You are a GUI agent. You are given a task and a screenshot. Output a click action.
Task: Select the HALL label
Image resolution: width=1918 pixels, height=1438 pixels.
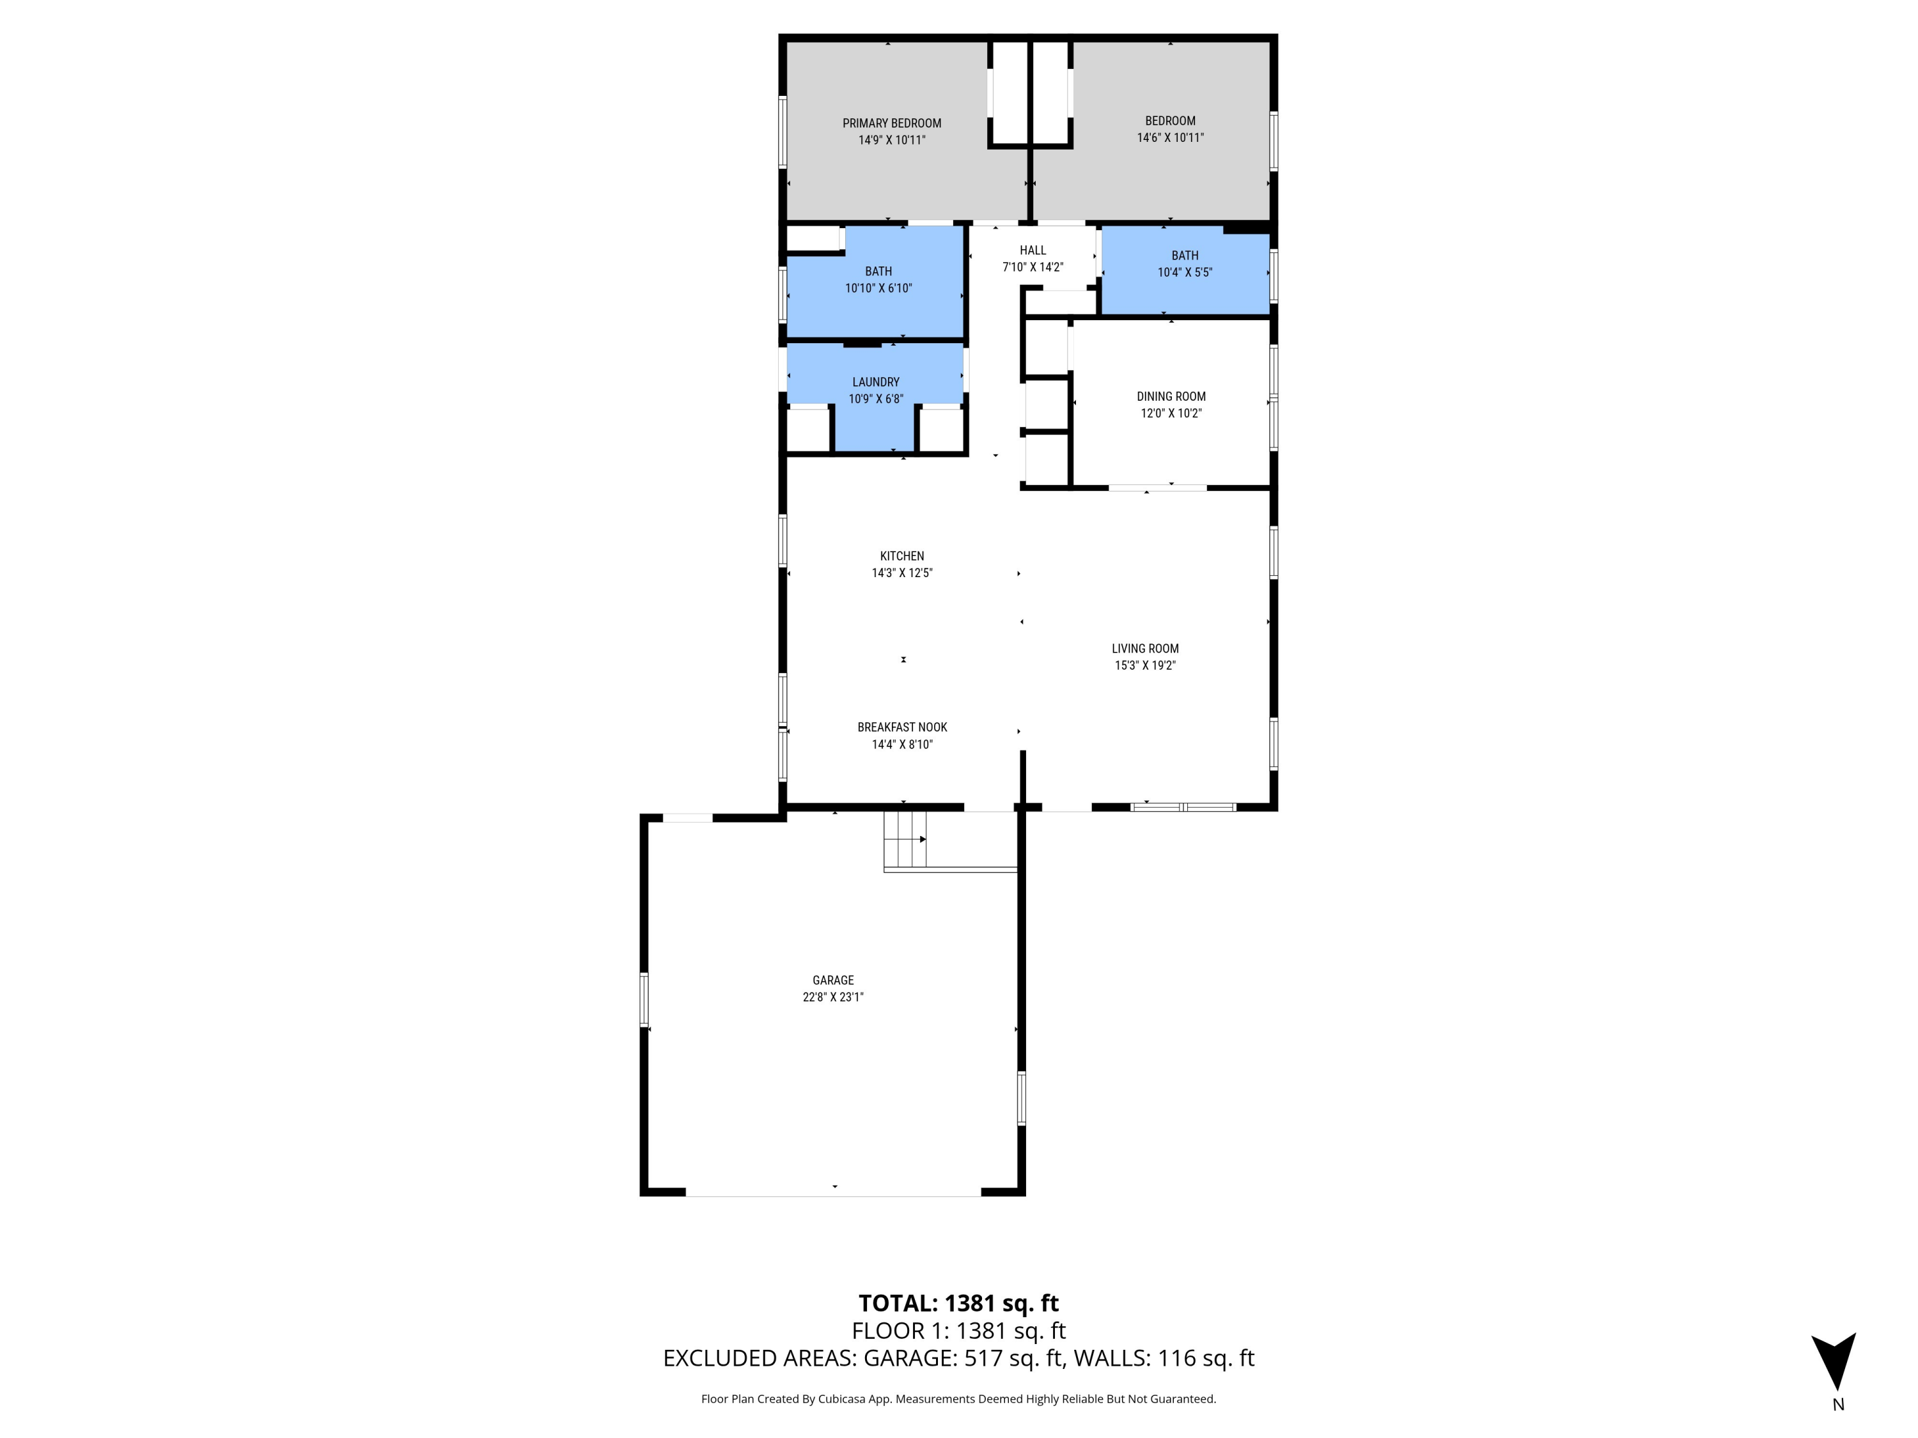(1033, 251)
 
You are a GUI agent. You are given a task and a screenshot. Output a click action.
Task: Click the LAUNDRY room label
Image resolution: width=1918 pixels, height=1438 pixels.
(876, 382)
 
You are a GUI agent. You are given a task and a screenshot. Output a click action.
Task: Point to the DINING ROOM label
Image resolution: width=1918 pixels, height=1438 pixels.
(1171, 396)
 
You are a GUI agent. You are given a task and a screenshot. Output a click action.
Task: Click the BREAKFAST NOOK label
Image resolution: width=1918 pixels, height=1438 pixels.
(901, 727)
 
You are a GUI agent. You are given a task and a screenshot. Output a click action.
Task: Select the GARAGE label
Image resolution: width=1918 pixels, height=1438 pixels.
(832, 980)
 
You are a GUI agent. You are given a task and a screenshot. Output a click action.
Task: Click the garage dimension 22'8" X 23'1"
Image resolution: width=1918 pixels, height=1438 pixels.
(832, 998)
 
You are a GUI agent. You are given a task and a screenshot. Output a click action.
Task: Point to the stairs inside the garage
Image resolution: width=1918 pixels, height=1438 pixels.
(905, 839)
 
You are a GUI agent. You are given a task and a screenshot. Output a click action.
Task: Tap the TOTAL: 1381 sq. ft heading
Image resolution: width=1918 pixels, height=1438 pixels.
(958, 1303)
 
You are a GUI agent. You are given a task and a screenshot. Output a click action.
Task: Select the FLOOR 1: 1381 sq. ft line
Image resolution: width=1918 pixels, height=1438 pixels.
(958, 1331)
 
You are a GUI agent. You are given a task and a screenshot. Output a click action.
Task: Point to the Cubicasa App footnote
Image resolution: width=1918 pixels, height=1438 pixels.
(958, 1399)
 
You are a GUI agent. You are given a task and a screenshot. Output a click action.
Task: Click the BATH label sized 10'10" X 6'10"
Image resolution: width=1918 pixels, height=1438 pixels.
(878, 272)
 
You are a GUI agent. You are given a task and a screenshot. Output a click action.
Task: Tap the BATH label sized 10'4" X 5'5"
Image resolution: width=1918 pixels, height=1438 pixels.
(1185, 256)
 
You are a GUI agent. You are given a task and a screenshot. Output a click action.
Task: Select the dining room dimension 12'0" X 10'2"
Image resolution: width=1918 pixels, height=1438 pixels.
(1171, 414)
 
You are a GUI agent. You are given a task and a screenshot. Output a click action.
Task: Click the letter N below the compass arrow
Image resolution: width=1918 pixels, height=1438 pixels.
(1837, 1405)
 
